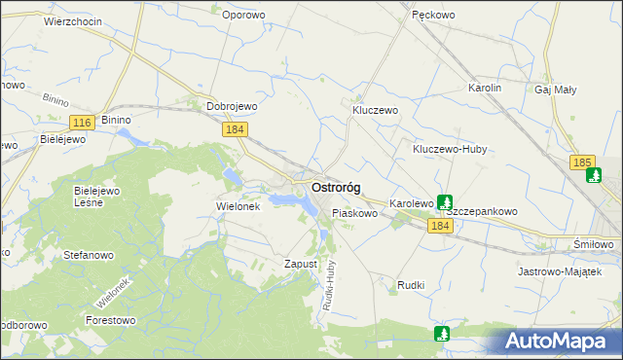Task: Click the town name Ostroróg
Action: pos(337,187)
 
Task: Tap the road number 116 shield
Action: pos(83,122)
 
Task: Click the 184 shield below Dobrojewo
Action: pos(234,129)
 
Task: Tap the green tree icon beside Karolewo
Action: pos(445,203)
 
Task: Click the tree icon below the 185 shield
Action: pos(594,176)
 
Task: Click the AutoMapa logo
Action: pos(559,342)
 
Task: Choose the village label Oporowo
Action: pos(243,15)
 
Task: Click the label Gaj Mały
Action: pos(556,89)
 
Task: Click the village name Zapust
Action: pos(301,264)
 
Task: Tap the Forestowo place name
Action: pos(110,320)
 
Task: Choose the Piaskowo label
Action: pos(354,212)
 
